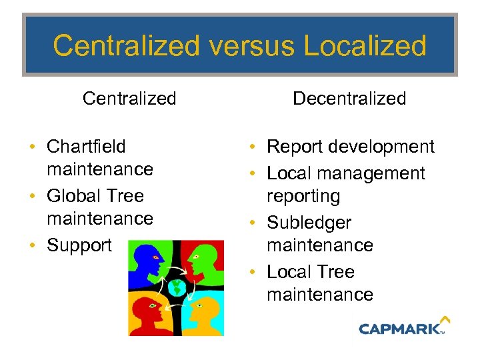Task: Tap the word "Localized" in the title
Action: click(x=365, y=46)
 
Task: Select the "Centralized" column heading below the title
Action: click(x=129, y=99)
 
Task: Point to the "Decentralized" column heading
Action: click(x=349, y=99)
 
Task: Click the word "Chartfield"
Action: click(x=86, y=146)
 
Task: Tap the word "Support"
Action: click(x=79, y=245)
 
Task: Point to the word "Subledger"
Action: click(x=309, y=223)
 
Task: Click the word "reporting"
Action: click(x=303, y=196)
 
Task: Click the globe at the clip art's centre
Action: click(x=177, y=287)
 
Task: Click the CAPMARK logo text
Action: click(x=399, y=328)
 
